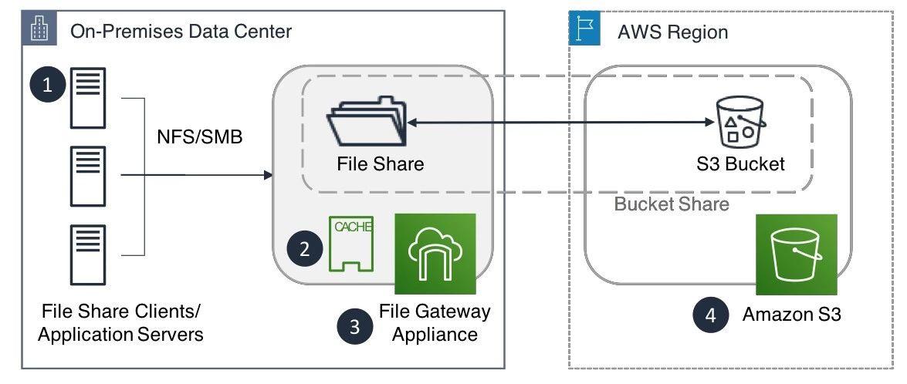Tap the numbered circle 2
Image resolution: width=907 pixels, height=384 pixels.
tap(305, 248)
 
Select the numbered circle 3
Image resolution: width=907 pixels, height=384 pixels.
tap(354, 325)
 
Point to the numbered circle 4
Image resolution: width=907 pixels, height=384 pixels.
tap(709, 315)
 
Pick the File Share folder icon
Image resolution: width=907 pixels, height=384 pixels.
tap(366, 122)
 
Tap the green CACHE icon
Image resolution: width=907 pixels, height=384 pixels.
tap(351, 243)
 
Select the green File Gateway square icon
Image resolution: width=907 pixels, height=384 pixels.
tap(435, 254)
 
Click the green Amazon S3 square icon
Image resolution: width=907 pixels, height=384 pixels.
tap(797, 254)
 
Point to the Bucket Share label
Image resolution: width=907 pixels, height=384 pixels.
tap(672, 204)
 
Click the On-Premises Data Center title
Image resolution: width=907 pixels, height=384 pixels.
tap(181, 32)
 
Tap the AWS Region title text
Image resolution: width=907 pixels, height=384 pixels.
tap(672, 32)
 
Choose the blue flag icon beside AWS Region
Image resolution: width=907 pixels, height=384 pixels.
tap(584, 28)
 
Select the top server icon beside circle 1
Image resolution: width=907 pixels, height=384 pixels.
tap(88, 97)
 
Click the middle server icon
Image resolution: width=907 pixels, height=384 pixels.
tap(88, 176)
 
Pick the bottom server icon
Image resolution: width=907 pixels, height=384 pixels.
tap(88, 254)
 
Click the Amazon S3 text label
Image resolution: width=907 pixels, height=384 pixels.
tap(791, 315)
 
